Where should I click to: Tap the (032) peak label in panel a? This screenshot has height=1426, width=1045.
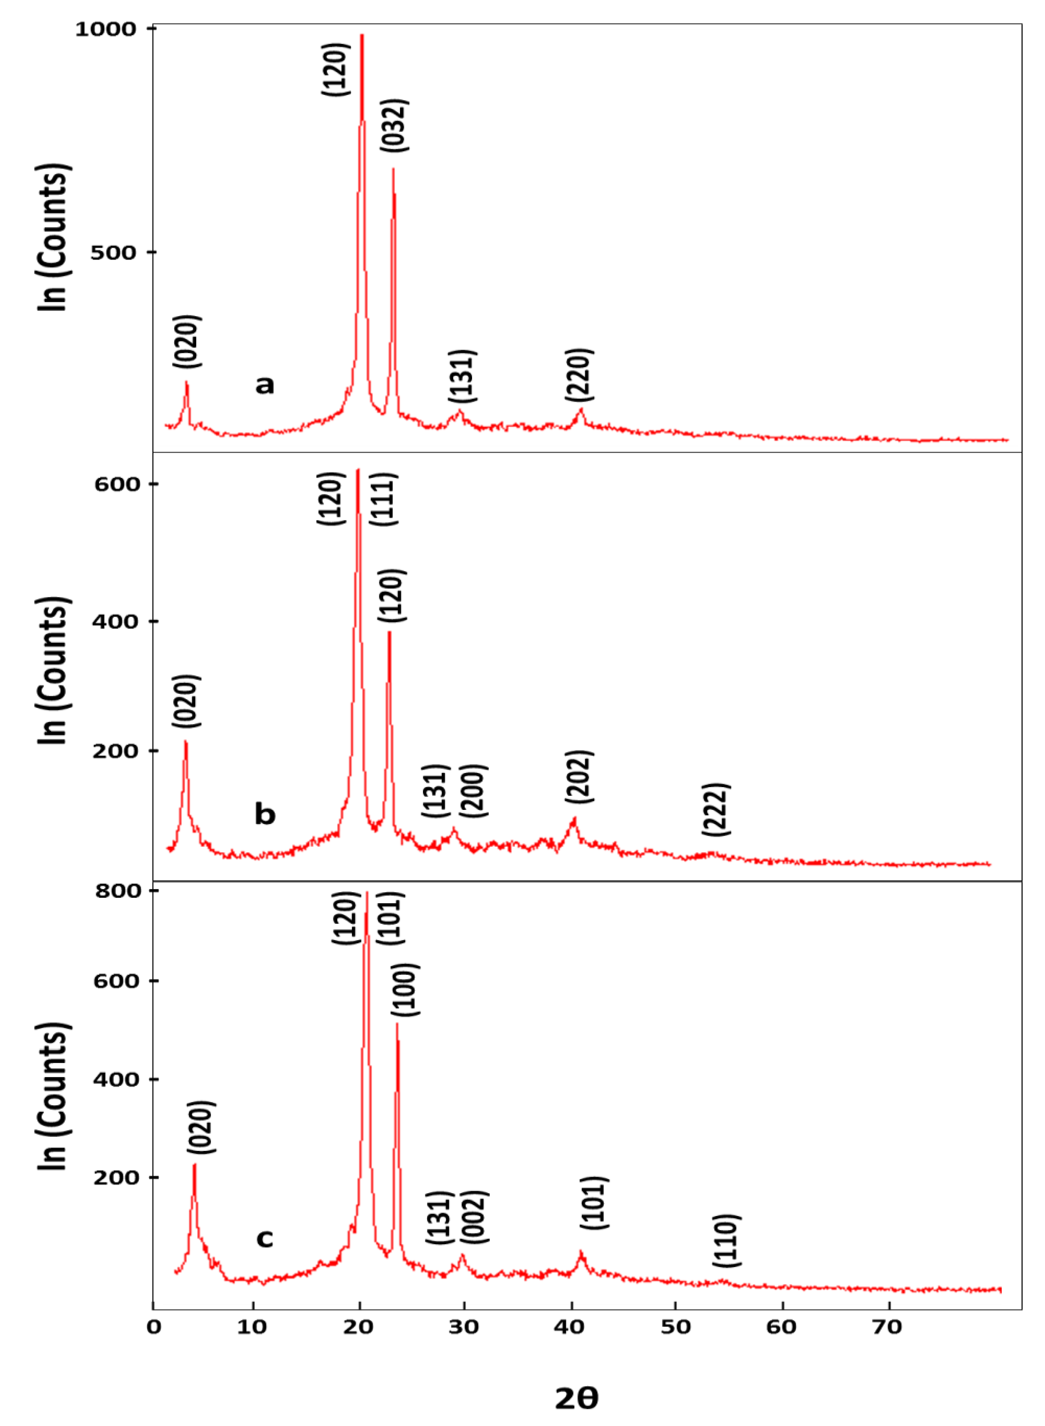[x=394, y=125]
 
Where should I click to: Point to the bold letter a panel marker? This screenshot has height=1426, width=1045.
[x=265, y=384]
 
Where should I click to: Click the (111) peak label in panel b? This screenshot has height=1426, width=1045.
[x=383, y=499]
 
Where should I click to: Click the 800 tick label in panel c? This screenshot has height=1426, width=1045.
[x=118, y=891]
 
